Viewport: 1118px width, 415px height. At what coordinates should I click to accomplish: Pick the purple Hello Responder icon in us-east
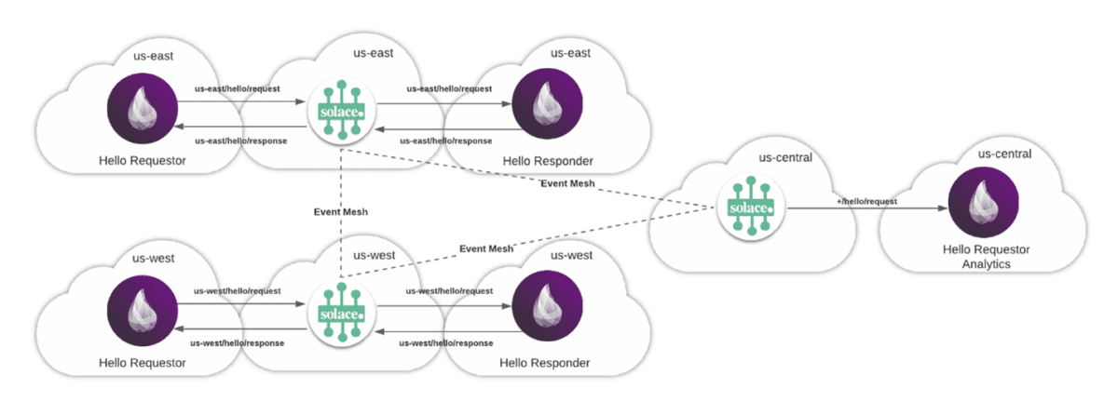tap(546, 104)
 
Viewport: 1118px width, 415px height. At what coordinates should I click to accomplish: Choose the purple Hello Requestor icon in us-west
tap(142, 307)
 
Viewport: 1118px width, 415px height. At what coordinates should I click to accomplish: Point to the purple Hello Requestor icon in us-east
tap(142, 104)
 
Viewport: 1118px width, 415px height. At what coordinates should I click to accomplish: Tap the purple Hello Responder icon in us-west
tap(546, 307)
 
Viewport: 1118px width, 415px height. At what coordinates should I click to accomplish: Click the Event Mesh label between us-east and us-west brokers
tap(341, 212)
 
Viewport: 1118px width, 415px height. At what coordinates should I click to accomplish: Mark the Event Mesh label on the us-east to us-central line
tap(567, 183)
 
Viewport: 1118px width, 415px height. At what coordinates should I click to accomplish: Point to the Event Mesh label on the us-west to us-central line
tap(486, 248)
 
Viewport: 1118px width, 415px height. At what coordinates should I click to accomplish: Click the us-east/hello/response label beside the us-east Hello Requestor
tap(240, 141)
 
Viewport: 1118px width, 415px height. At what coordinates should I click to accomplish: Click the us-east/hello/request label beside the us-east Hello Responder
tap(449, 88)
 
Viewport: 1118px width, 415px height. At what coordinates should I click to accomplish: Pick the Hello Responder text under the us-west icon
tap(546, 363)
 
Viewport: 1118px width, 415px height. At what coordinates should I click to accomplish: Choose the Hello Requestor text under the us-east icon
tap(142, 161)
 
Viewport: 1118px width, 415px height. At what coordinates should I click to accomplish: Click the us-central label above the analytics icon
tap(1004, 154)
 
